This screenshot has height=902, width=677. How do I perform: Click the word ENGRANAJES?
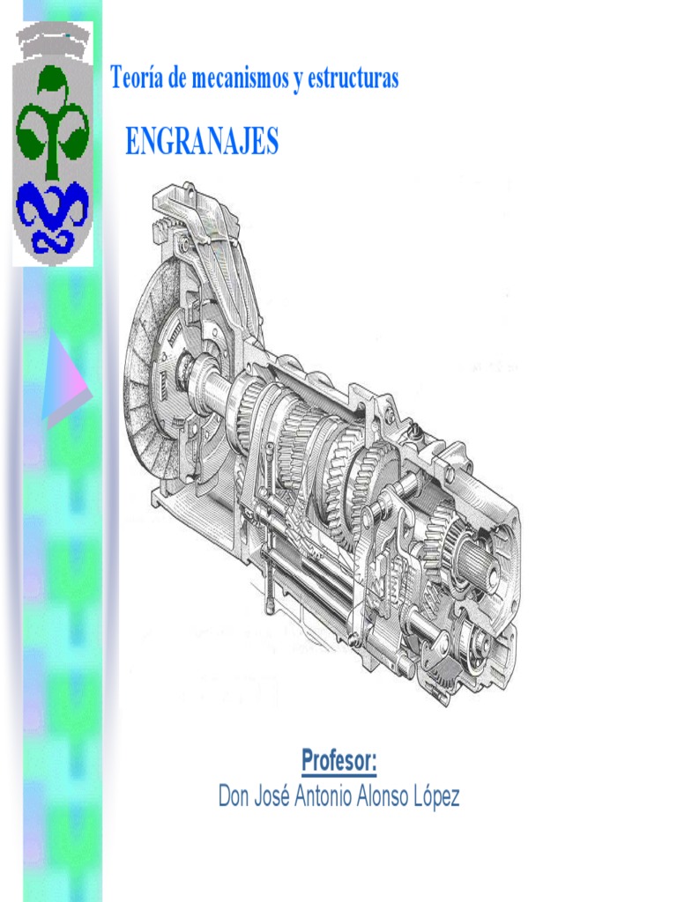202,141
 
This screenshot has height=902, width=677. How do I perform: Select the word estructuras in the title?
353,78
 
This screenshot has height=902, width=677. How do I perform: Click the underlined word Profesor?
338,759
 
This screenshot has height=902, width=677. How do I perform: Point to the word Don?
234,797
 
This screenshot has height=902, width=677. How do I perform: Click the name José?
276,797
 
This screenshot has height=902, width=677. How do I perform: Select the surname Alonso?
396,797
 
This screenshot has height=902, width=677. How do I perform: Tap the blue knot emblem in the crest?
53,214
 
